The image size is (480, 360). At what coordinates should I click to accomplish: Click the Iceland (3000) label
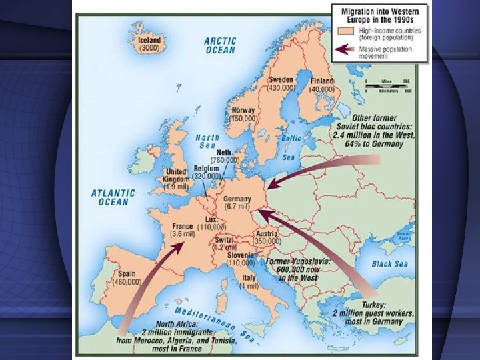149,44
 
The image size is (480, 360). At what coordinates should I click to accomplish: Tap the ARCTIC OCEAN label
219,45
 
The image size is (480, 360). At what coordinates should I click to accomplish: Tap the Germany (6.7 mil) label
238,203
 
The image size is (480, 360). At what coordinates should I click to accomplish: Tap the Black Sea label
390,264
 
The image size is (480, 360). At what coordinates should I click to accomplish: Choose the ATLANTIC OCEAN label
113,197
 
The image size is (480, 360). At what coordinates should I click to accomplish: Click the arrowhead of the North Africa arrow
181,245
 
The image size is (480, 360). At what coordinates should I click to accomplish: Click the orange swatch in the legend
345,31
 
